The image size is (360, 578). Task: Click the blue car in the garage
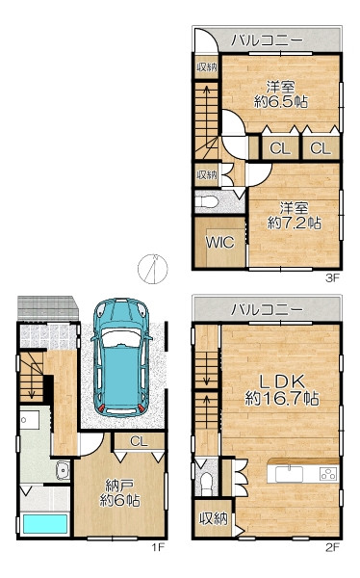[121, 357]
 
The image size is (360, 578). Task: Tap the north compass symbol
[153, 269]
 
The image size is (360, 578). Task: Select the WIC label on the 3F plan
[220, 243]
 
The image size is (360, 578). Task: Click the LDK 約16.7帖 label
[282, 390]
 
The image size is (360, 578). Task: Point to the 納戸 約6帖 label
[119, 492]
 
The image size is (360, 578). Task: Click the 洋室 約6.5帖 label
[281, 94]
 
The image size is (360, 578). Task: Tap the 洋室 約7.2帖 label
[294, 215]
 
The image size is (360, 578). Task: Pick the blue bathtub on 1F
[45, 524]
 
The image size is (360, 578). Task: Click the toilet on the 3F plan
[206, 202]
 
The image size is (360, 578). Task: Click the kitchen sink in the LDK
[290, 474]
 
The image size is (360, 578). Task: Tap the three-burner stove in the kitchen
[328, 473]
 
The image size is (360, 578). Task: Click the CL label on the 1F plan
[139, 441]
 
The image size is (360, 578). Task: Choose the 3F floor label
[332, 278]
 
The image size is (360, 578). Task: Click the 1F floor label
[157, 547]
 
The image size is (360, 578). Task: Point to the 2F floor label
[332, 547]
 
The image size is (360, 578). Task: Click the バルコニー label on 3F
[267, 39]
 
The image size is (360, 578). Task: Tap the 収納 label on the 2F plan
[214, 518]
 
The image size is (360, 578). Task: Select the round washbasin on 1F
[63, 471]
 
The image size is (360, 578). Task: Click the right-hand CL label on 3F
[321, 148]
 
